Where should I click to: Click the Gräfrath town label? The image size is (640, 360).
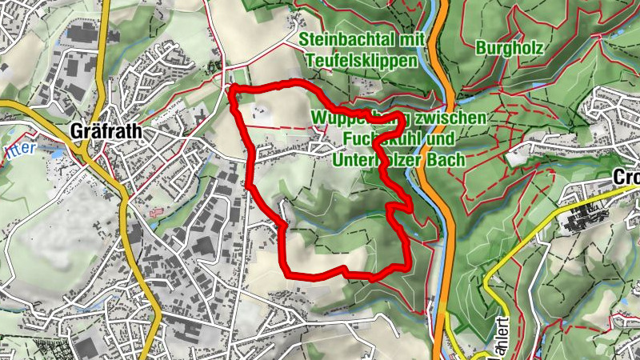point(105,130)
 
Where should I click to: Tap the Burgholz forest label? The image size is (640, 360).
point(510,48)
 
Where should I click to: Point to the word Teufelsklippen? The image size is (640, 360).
point(362,62)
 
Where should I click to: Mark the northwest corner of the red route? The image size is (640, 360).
point(232,90)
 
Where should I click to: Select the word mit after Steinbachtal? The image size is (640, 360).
point(405,39)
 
